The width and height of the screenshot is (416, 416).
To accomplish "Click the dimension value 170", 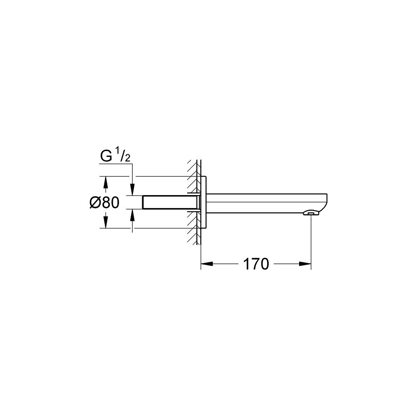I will pos(256,264).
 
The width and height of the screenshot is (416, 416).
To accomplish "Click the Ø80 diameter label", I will pos(104,203).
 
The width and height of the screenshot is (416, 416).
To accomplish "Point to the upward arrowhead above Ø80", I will pos(105,182).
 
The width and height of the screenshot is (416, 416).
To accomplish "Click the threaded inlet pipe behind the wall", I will pos(171,203).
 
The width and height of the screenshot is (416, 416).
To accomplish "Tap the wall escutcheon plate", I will pos(203,203).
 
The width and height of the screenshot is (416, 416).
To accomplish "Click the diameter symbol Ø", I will pos(94,203).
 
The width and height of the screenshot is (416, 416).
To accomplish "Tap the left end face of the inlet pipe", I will pos(143,203).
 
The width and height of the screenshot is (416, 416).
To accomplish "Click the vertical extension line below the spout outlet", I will pos(311,241).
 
